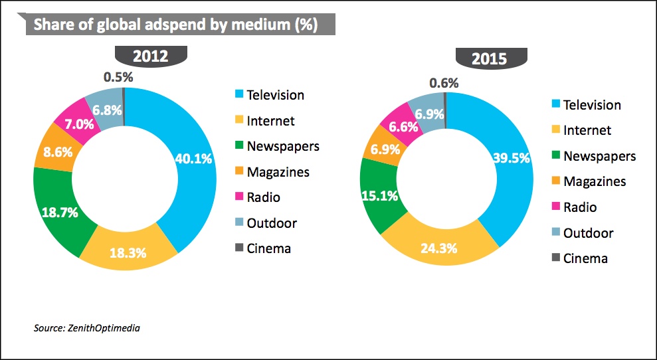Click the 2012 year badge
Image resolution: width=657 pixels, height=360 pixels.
coord(149,55)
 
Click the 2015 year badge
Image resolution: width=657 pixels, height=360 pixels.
coord(489,58)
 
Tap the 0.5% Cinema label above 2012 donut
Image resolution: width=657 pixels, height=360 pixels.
coord(118,76)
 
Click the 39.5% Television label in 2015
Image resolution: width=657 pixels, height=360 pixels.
coord(512,157)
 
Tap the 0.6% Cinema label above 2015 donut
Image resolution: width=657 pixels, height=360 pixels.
coord(444,83)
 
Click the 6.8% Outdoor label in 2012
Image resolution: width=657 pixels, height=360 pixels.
coord(106,109)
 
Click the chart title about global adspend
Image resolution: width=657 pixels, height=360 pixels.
coord(175,25)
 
